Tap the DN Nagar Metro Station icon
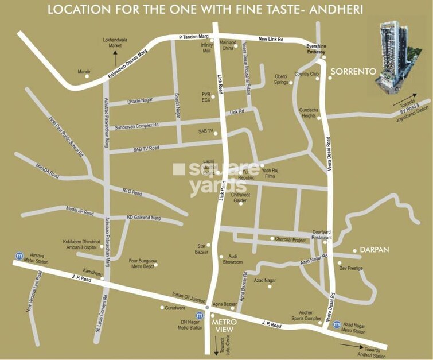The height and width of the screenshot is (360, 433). click(199, 315)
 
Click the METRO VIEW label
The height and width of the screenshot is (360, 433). click(225, 326)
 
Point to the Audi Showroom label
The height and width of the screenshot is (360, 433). click(233, 259)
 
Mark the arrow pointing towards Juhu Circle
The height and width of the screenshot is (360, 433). click(216, 344)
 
